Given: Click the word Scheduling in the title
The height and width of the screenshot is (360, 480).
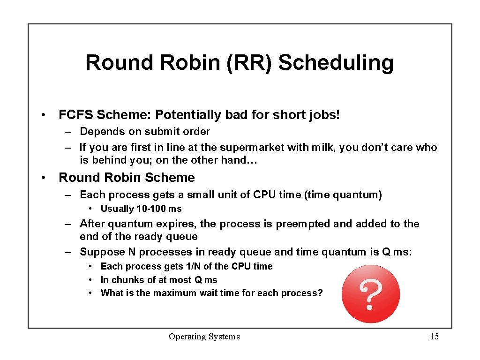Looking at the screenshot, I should [x=336, y=63].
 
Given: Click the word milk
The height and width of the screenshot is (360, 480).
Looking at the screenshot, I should [x=322, y=148].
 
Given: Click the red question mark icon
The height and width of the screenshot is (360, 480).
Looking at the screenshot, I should [x=371, y=294].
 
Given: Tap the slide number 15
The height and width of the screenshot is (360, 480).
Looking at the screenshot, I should [x=434, y=337].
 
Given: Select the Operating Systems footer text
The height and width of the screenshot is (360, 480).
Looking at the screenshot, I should [x=204, y=337].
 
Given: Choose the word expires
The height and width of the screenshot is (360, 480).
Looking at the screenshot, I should [x=177, y=224].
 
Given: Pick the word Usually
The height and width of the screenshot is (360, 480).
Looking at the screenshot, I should [x=117, y=209].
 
